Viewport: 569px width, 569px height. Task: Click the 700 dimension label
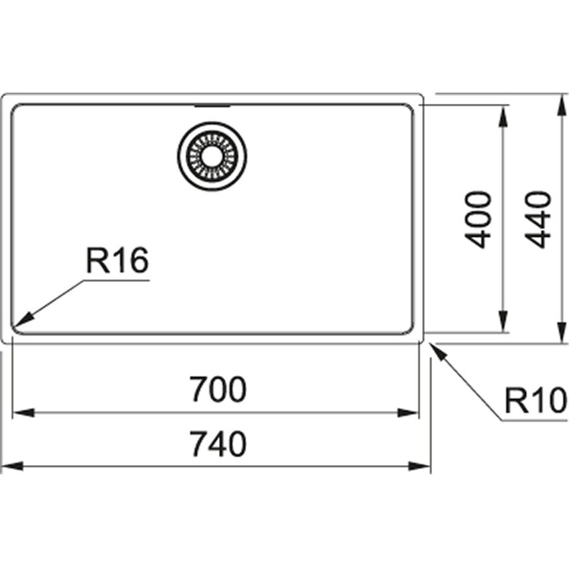coord(218,389)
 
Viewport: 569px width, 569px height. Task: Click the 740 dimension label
coord(218,443)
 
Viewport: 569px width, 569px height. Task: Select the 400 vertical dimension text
coord(478,220)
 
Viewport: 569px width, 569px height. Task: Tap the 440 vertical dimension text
coord(538,220)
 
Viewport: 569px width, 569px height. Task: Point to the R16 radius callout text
coord(117,260)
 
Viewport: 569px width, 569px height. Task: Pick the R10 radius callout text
coord(536,400)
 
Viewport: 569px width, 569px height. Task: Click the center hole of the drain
coord(212,156)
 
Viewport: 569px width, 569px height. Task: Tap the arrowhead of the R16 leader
coord(23,320)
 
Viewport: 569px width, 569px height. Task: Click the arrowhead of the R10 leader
coord(437,351)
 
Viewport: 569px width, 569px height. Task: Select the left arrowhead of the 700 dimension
coord(23,413)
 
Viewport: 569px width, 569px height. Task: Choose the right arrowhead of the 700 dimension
coord(409,413)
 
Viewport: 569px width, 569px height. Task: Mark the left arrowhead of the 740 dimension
coord(13,466)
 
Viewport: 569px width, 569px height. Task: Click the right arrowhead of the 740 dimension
coord(419,466)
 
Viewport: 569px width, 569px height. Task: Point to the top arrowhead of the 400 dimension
coord(503,116)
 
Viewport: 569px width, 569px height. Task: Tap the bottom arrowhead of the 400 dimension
coord(503,321)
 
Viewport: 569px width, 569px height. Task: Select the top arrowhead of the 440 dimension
coord(562,105)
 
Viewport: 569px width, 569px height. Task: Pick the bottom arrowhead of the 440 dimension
coord(562,332)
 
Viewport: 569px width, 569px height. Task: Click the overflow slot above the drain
coord(212,107)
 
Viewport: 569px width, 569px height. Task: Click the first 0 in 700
coord(218,389)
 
